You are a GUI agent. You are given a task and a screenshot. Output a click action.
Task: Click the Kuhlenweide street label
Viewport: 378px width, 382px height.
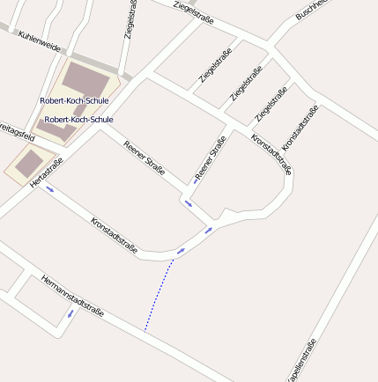pos(39,41)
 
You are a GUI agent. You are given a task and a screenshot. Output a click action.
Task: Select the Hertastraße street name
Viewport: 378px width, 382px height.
pos(47,172)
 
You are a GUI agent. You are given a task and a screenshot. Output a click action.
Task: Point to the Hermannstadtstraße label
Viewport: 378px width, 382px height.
pos(72,296)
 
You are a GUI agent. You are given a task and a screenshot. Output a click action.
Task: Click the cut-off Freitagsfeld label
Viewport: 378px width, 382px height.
pos(16,133)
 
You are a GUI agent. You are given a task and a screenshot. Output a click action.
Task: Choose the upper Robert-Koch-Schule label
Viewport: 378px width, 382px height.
pos(74,100)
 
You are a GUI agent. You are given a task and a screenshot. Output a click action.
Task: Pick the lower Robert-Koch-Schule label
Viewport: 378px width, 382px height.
pos(78,119)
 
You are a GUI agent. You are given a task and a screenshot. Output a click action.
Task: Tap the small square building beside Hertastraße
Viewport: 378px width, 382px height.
pos(29,163)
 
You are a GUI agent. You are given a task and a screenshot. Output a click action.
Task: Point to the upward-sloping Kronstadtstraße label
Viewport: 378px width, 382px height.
pos(300,127)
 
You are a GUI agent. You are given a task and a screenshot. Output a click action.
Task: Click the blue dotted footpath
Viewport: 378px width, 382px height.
pos(159,295)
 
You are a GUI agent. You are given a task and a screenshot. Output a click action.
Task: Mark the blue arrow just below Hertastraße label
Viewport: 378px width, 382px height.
pos(50,188)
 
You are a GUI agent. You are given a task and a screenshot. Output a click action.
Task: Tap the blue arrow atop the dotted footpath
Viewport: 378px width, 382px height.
pos(180,252)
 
